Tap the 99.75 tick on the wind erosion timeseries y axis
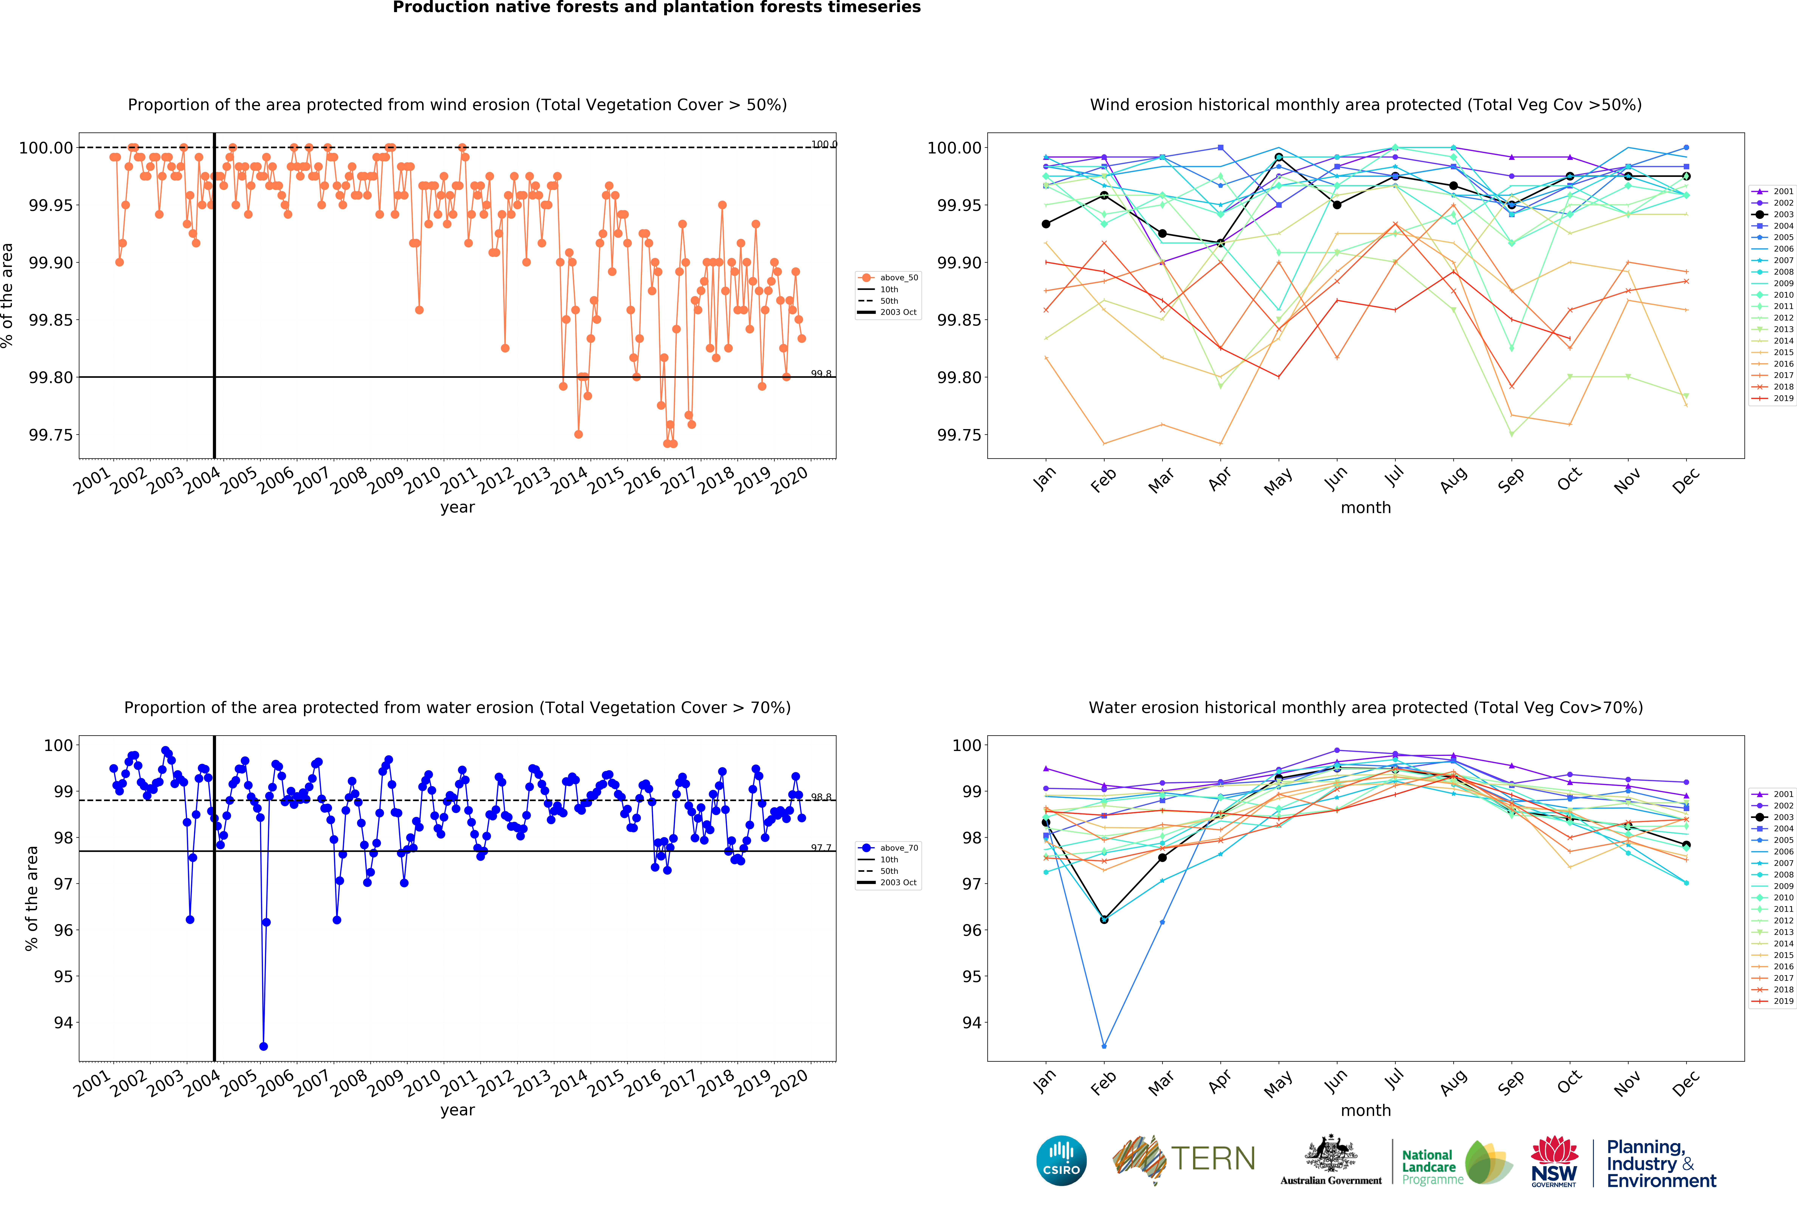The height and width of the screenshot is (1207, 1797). tap(51, 435)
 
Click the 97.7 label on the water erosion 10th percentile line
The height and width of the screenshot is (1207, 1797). tap(821, 848)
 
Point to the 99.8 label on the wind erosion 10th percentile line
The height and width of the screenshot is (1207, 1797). tap(821, 373)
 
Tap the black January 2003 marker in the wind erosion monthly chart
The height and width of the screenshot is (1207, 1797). tap(1046, 224)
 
